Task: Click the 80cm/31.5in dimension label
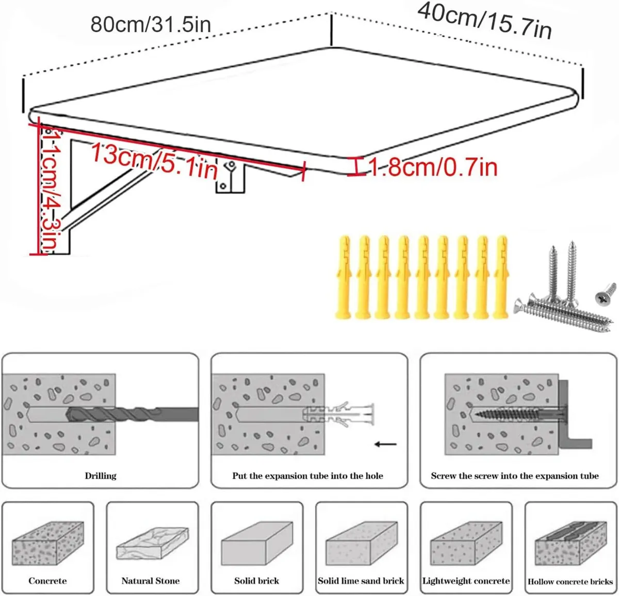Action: click(x=151, y=24)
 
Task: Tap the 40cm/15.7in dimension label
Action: click(x=484, y=20)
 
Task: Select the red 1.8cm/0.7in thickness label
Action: click(x=432, y=167)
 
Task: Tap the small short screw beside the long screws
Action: click(x=606, y=292)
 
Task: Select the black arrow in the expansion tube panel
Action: click(x=385, y=444)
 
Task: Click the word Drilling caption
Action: click(x=101, y=476)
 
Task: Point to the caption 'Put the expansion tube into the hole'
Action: click(x=307, y=476)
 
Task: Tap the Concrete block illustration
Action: click(x=47, y=543)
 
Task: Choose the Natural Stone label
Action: click(x=151, y=581)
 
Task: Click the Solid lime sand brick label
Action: click(x=361, y=581)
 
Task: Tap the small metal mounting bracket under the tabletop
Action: click(x=230, y=178)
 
